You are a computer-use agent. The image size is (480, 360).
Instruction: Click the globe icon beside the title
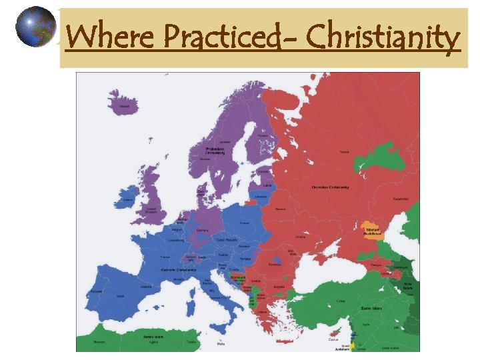click(36, 27)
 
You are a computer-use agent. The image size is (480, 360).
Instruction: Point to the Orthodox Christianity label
click(330, 187)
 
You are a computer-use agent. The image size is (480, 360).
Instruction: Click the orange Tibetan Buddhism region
click(373, 230)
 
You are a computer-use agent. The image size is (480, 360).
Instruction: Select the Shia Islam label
click(408, 285)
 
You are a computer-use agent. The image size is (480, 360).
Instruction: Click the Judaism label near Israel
click(346, 347)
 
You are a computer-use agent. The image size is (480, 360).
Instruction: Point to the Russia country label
click(344, 152)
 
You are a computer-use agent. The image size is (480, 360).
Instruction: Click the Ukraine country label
click(301, 237)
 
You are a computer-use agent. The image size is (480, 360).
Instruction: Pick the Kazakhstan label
click(401, 198)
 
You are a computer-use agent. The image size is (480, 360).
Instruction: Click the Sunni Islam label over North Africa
click(154, 337)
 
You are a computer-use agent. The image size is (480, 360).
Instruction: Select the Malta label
click(221, 345)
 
